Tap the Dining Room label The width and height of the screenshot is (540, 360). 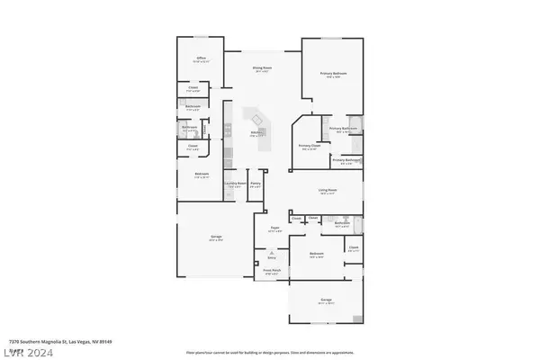pyautogui.click(x=261, y=68)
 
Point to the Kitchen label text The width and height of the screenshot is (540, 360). pyautogui.click(x=256, y=133)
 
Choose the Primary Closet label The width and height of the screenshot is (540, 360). pyautogui.click(x=308, y=148)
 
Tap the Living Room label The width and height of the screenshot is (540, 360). pyautogui.click(x=327, y=190)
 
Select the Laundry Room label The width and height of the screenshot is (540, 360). pyautogui.click(x=235, y=184)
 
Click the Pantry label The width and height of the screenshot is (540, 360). pyautogui.click(x=256, y=184)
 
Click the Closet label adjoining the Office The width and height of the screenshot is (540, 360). pyautogui.click(x=193, y=88)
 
